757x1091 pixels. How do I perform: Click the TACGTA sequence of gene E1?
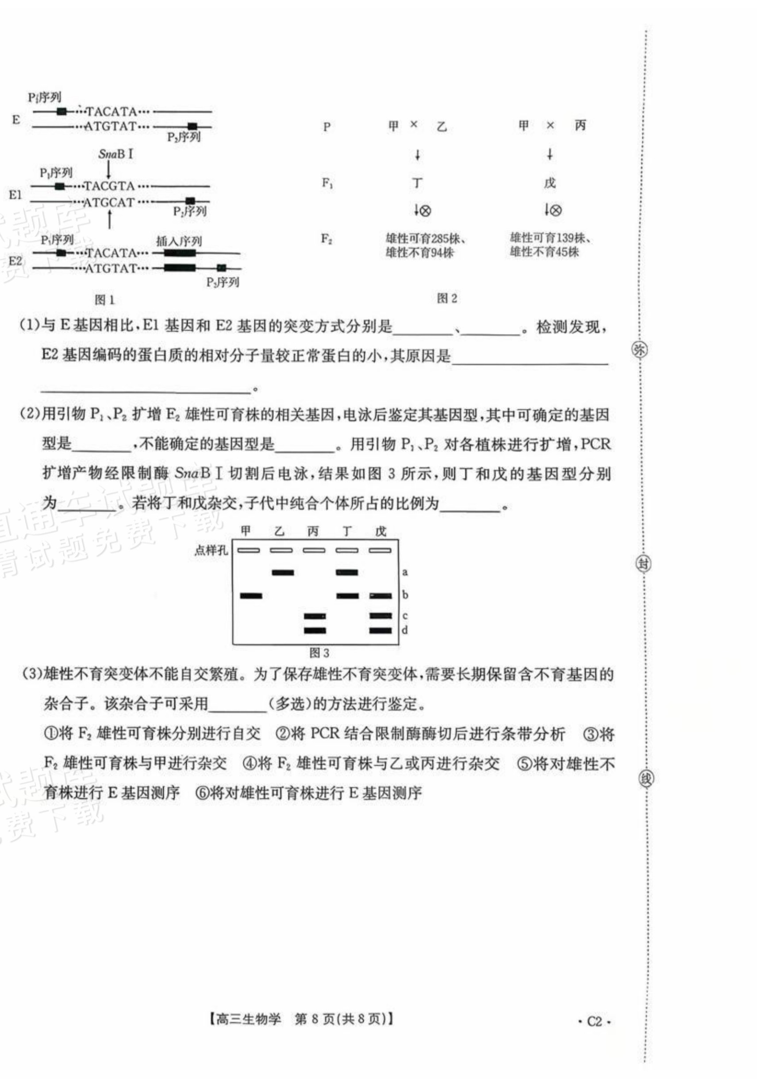[110, 186]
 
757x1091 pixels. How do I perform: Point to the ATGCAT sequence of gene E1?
[109, 203]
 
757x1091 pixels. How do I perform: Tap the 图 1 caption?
[105, 300]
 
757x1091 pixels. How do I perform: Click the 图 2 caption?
[447, 298]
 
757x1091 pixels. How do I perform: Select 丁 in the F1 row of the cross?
[417, 183]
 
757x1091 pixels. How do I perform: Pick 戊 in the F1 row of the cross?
[550, 183]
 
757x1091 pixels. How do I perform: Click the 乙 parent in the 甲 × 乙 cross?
[442, 126]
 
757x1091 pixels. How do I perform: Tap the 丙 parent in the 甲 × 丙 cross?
[580, 126]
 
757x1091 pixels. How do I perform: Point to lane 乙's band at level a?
[283, 572]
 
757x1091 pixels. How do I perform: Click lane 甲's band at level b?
[251, 596]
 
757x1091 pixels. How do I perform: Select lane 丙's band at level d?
[315, 630]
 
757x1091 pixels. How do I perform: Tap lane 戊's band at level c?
[380, 616]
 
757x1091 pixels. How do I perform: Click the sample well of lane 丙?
[314, 551]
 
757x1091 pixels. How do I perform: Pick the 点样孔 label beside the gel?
[211, 550]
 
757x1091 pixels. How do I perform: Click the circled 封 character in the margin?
[643, 564]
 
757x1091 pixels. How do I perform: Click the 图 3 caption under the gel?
[319, 653]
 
